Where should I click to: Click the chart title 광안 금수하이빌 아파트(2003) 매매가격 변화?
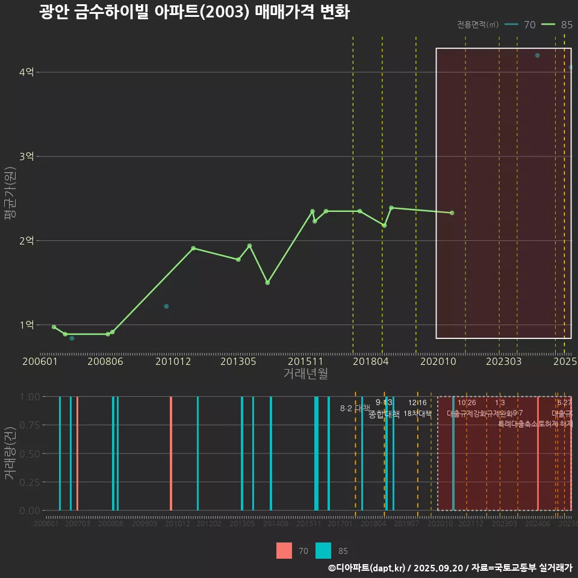click(x=194, y=12)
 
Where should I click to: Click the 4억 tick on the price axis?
click(x=26, y=72)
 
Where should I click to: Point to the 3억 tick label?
click(x=26, y=157)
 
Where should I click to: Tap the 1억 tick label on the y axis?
click(x=26, y=325)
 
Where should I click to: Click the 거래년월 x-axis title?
click(x=305, y=374)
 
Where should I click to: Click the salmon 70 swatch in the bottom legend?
click(x=284, y=550)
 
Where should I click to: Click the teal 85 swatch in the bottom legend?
click(x=323, y=550)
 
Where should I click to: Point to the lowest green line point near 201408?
click(x=267, y=282)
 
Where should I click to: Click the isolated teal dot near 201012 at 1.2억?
click(x=166, y=306)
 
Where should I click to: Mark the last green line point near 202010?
click(x=452, y=213)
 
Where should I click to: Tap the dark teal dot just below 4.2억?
click(x=537, y=55)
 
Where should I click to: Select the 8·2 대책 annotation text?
click(x=355, y=408)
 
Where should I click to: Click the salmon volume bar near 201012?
click(x=171, y=453)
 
